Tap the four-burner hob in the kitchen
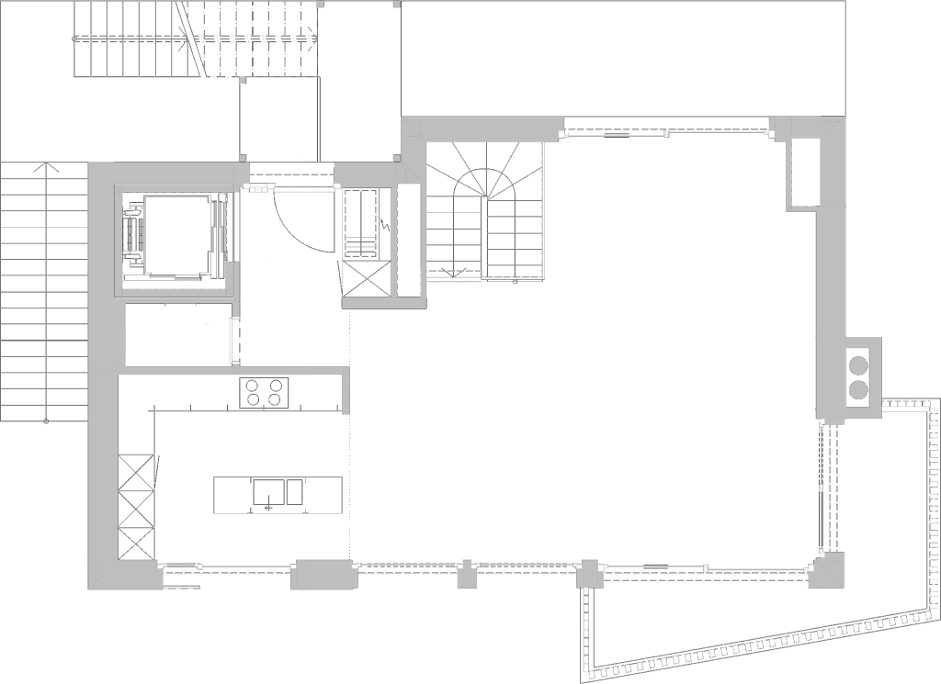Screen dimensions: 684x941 [264, 392]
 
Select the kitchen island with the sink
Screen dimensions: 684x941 [278, 494]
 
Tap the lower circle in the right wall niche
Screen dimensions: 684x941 [858, 390]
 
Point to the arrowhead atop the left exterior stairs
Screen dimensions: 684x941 [44, 168]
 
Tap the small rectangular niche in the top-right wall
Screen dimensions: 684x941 [804, 172]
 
